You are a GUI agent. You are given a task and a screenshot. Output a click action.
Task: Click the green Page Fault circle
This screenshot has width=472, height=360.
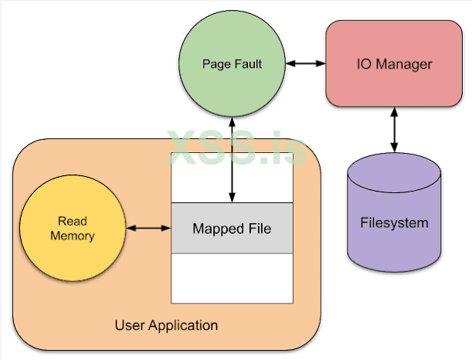pos(232,64)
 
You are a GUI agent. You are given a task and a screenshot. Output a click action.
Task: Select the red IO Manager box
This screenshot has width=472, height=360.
pos(393,64)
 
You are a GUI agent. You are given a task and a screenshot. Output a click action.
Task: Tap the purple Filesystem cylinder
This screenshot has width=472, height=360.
pos(394,224)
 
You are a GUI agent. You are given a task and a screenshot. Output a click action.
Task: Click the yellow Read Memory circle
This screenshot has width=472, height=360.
pos(73,229)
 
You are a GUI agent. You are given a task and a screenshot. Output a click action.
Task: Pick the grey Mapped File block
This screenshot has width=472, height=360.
pos(232,229)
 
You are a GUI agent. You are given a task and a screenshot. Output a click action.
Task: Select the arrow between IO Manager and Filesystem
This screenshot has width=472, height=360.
pos(396,130)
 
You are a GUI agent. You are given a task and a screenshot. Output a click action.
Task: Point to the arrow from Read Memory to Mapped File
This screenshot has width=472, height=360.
pos(148,229)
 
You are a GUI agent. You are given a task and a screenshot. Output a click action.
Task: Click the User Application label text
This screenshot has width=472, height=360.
pos(166,325)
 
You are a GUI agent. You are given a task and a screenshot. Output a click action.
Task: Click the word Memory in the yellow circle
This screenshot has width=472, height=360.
pos(72,236)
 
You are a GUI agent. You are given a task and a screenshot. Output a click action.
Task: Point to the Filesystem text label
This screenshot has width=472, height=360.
pos(394,224)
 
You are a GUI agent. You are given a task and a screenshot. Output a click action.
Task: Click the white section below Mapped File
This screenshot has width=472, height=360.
pos(232,277)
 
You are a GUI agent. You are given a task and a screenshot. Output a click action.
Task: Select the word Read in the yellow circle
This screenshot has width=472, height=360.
pos(72,222)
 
